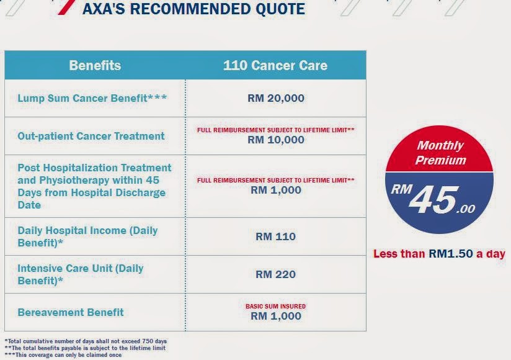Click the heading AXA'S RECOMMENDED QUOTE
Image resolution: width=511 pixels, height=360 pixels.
point(193,9)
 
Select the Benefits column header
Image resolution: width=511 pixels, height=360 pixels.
point(95,65)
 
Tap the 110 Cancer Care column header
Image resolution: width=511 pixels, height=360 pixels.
point(275,65)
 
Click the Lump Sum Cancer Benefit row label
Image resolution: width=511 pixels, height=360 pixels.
point(92,98)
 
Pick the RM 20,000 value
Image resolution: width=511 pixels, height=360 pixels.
point(276,98)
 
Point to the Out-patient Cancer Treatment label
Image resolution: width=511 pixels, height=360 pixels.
point(91,136)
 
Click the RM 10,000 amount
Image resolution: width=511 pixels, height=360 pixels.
point(276,140)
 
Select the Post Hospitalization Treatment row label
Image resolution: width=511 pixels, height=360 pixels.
point(94,186)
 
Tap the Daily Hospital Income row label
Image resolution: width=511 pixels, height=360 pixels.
point(87,236)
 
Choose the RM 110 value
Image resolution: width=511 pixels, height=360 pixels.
point(276,236)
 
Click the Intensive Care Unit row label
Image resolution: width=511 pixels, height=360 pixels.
point(81,274)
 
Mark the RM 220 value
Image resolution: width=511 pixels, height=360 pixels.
point(276,274)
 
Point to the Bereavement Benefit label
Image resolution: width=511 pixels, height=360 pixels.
point(71,312)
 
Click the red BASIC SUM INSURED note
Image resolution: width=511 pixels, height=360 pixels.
point(276,306)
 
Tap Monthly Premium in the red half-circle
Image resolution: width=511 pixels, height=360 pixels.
point(440,153)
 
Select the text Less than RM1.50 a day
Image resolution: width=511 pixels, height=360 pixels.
point(439,254)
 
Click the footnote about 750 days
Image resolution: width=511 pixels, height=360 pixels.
point(86,341)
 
